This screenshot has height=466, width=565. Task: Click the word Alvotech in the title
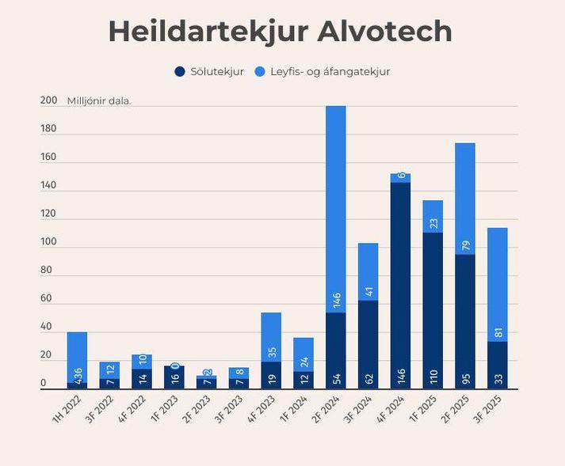[x=374, y=32]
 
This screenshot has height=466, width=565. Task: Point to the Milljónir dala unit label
[x=99, y=101]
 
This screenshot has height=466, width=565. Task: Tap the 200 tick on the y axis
[x=48, y=100]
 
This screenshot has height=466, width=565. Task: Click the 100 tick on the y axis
[x=48, y=242]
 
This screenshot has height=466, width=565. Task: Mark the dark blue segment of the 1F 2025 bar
[x=433, y=301]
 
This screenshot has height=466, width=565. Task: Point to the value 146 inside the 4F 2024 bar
[x=400, y=374]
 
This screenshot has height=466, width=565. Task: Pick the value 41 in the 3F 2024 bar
[x=368, y=292]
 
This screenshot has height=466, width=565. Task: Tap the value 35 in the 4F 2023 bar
[x=271, y=353]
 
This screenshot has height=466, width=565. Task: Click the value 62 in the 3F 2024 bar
[x=368, y=377]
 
